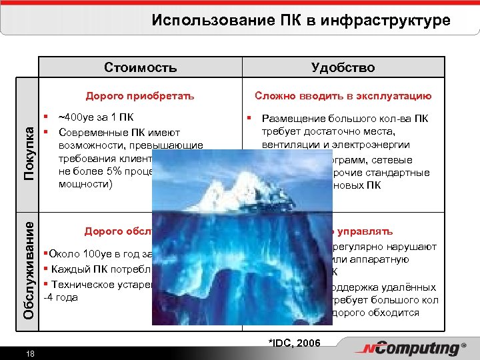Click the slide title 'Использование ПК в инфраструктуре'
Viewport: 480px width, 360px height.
[x=301, y=20]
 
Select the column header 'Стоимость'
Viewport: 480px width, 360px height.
[x=141, y=67]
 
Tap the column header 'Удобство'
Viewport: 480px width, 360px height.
[x=343, y=67]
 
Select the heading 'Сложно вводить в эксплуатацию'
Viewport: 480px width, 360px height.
[x=343, y=95]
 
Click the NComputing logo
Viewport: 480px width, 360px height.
[x=411, y=349]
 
